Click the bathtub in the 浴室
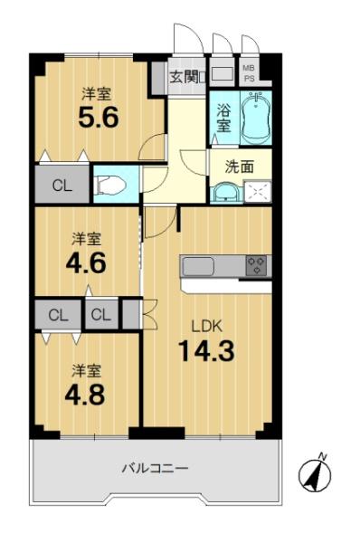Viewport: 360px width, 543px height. pos(255,119)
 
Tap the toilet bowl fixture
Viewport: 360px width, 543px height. pos(109,185)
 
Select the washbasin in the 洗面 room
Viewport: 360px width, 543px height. pos(226,193)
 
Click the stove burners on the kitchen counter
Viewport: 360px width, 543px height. pos(256,265)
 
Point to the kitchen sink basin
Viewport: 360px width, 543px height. pos(198,266)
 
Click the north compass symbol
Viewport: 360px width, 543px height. pos(315,474)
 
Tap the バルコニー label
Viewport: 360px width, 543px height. pos(156,469)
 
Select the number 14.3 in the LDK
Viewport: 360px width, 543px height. pos(206,351)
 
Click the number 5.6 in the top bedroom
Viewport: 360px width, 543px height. pos(99,117)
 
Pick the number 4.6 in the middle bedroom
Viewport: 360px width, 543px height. pos(86,263)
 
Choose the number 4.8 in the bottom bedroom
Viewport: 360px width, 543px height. pos(85,395)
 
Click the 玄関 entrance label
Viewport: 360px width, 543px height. pos(185,77)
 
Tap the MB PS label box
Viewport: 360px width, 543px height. pos(249,73)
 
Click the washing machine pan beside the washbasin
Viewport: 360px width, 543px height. pos(257,192)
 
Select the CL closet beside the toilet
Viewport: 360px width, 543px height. pos(62,185)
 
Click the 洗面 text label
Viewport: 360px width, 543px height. pos(240,167)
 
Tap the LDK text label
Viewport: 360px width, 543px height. pos(206,326)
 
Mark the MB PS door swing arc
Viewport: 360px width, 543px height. pos(250,43)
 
